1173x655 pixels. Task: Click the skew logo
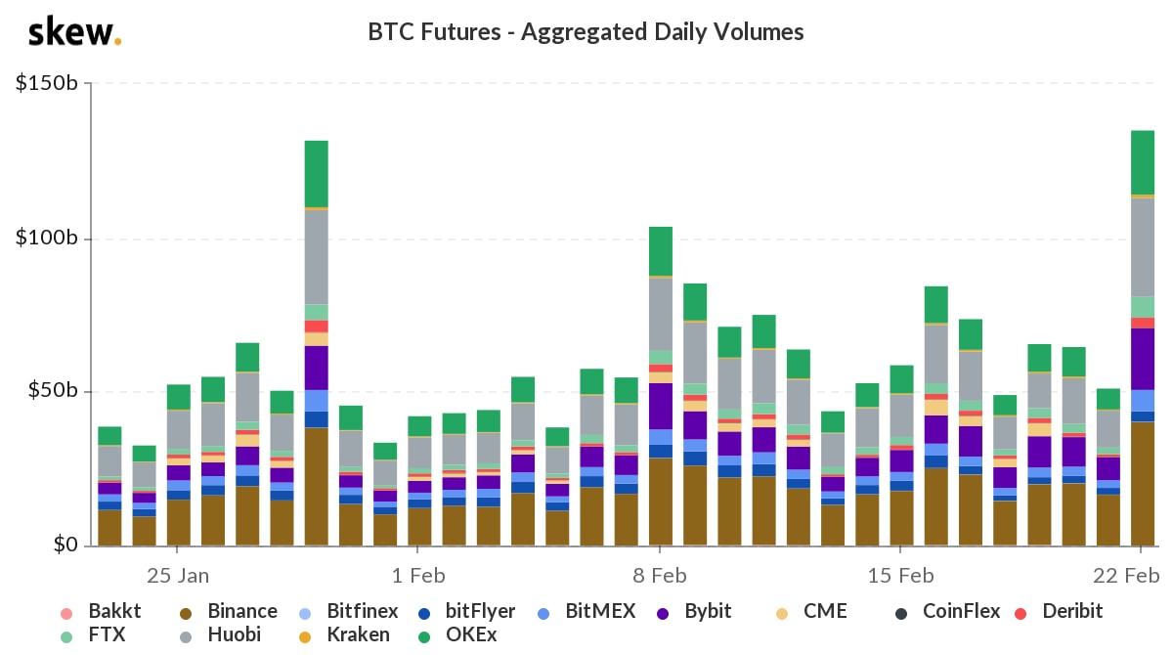coord(74,33)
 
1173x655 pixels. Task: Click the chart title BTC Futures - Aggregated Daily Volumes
coord(586,32)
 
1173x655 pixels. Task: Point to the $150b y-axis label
coord(47,84)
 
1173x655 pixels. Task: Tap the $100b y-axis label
coord(47,239)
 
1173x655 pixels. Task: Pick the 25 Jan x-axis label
coord(177,573)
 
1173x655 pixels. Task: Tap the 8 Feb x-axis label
coord(660,573)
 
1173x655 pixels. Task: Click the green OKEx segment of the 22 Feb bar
coord(1143,162)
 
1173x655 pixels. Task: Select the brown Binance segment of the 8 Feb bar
coord(661,501)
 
